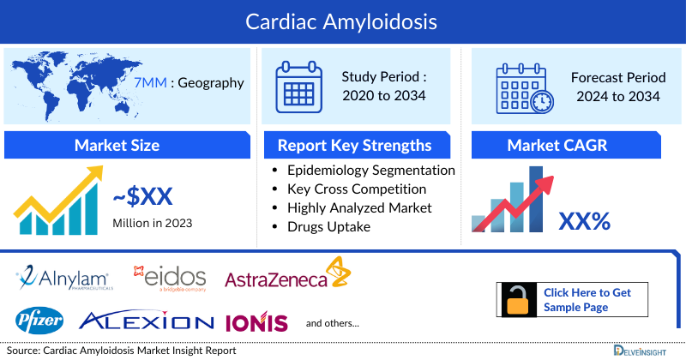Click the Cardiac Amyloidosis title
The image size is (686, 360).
343,18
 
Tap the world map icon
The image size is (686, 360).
64,81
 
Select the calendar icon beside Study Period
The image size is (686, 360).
298,86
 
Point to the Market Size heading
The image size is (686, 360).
117,145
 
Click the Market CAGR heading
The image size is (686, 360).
569,145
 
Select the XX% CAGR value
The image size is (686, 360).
584,222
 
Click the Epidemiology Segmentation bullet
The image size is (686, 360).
371,171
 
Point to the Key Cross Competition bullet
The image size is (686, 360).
357,189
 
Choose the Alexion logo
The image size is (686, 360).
146,321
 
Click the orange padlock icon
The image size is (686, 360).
518,300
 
